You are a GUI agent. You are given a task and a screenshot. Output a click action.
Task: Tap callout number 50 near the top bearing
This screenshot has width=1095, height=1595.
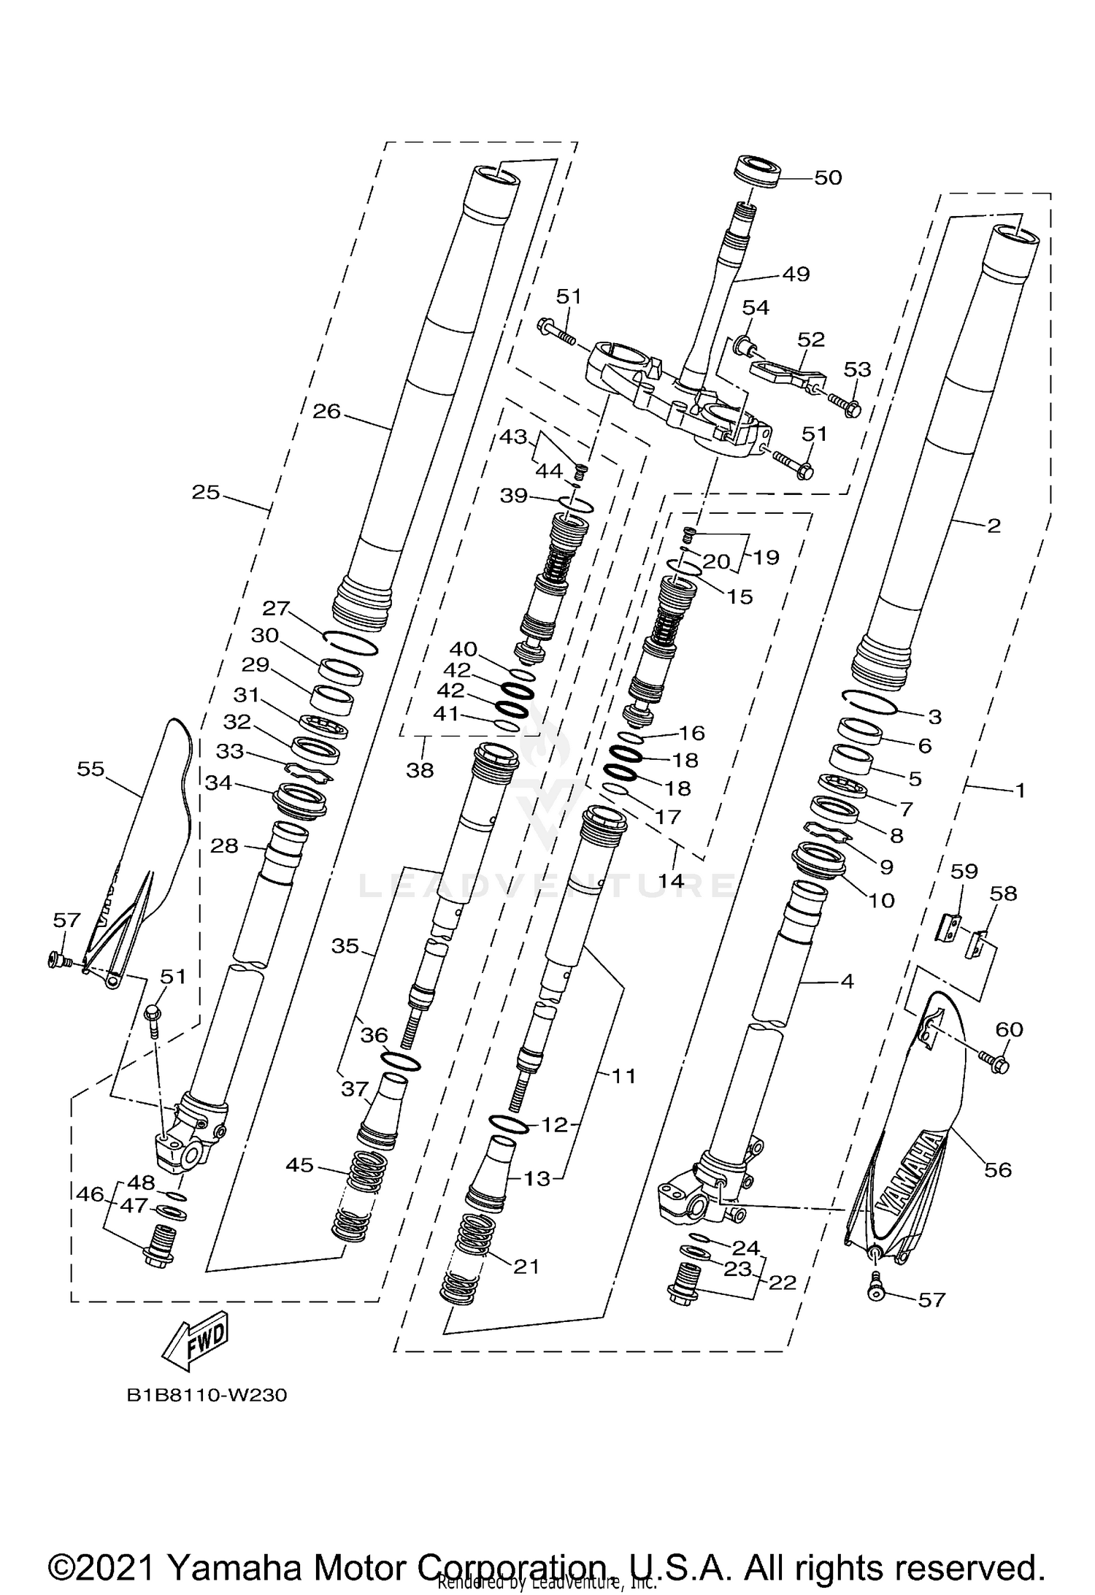point(827,177)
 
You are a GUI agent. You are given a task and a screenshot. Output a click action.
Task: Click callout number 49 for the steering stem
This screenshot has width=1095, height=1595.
point(796,274)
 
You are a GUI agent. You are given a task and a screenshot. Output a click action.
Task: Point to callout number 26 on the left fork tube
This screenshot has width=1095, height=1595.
point(326,412)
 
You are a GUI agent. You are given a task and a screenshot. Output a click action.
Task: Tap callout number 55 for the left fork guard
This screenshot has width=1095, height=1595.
point(91,769)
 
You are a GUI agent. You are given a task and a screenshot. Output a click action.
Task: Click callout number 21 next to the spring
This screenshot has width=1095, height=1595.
point(526,1267)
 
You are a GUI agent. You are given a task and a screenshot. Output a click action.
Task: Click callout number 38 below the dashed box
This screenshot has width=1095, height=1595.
point(420,769)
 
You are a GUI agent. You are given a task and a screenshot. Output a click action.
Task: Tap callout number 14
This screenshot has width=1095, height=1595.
point(671,880)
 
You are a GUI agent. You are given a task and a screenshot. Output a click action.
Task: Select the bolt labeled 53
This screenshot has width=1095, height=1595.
point(849,409)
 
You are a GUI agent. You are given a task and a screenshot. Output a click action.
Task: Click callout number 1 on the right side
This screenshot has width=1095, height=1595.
point(1020,790)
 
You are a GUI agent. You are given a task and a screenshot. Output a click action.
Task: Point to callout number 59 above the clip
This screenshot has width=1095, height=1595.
point(964,871)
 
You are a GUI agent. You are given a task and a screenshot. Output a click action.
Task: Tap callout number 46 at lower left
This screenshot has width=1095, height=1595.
point(91,1194)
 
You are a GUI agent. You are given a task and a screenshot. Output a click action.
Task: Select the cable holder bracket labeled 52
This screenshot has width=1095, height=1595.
point(785,370)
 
